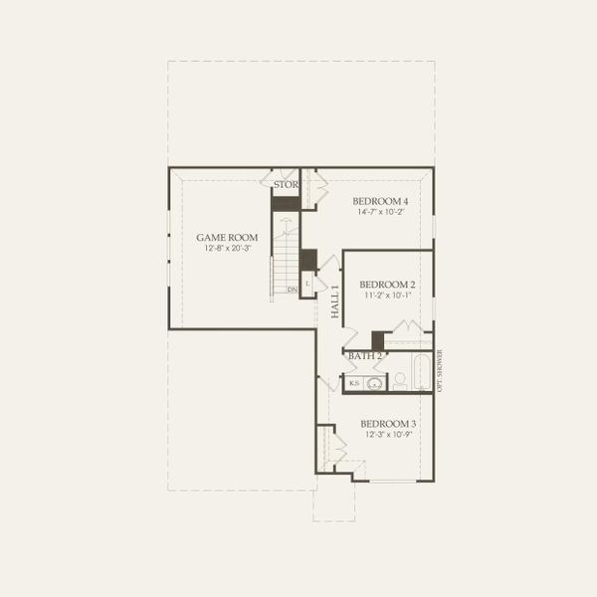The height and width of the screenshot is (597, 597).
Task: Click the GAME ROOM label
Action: (227, 237)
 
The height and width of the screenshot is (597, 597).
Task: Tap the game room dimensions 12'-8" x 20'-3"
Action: (227, 249)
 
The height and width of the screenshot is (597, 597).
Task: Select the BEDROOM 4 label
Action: (382, 201)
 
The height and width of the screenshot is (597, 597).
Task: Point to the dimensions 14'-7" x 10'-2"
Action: (382, 213)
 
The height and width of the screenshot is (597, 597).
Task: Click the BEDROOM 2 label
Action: (388, 284)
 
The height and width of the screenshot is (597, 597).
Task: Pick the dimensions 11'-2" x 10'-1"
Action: (388, 296)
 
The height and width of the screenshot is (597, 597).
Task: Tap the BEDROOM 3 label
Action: (389, 424)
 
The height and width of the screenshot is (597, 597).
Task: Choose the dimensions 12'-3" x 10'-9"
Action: (389, 436)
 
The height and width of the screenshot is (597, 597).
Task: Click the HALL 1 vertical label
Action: (335, 300)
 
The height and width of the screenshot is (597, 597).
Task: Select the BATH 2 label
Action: (365, 356)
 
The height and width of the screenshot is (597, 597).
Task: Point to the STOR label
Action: (286, 185)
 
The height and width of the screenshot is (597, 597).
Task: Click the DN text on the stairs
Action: (292, 290)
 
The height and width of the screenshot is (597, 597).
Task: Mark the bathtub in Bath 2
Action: (421, 374)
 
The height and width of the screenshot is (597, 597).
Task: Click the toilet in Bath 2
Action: (399, 379)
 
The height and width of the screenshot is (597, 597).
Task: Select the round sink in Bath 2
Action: (376, 383)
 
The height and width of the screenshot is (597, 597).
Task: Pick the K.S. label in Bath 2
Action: (354, 383)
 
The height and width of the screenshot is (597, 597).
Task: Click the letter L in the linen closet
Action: (307, 284)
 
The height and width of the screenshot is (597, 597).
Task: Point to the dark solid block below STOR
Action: (286, 203)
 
